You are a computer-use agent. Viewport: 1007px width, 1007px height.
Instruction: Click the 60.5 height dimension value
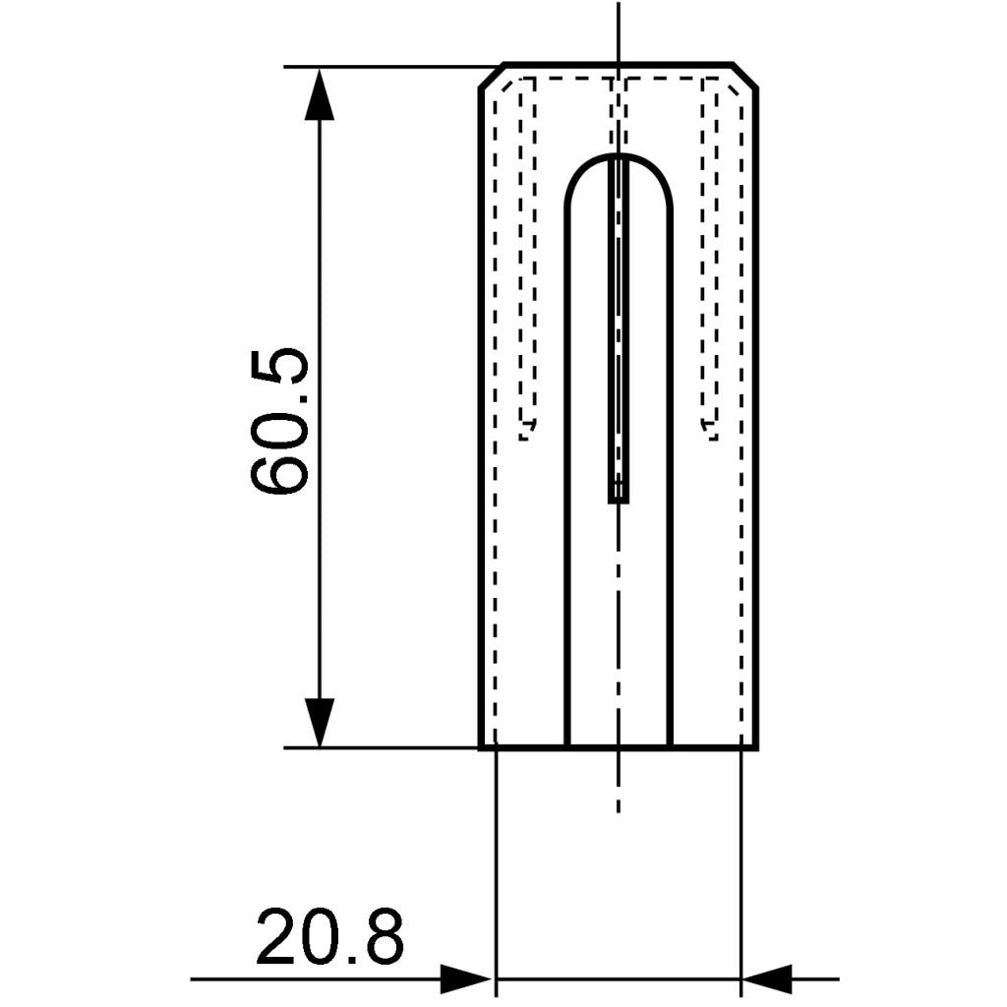(279, 421)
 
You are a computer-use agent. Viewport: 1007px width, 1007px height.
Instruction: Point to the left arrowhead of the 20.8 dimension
(466, 978)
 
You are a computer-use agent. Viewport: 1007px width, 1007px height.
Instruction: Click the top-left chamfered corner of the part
(492, 76)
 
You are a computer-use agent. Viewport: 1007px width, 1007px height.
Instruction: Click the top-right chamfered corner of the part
(744, 76)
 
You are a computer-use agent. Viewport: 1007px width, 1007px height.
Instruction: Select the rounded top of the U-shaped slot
(618, 157)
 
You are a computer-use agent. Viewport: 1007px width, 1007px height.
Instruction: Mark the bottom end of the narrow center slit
(618, 500)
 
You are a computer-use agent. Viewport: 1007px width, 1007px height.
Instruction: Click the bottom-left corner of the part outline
(480, 747)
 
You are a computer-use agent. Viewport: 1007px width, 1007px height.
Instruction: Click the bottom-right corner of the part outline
(755, 747)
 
